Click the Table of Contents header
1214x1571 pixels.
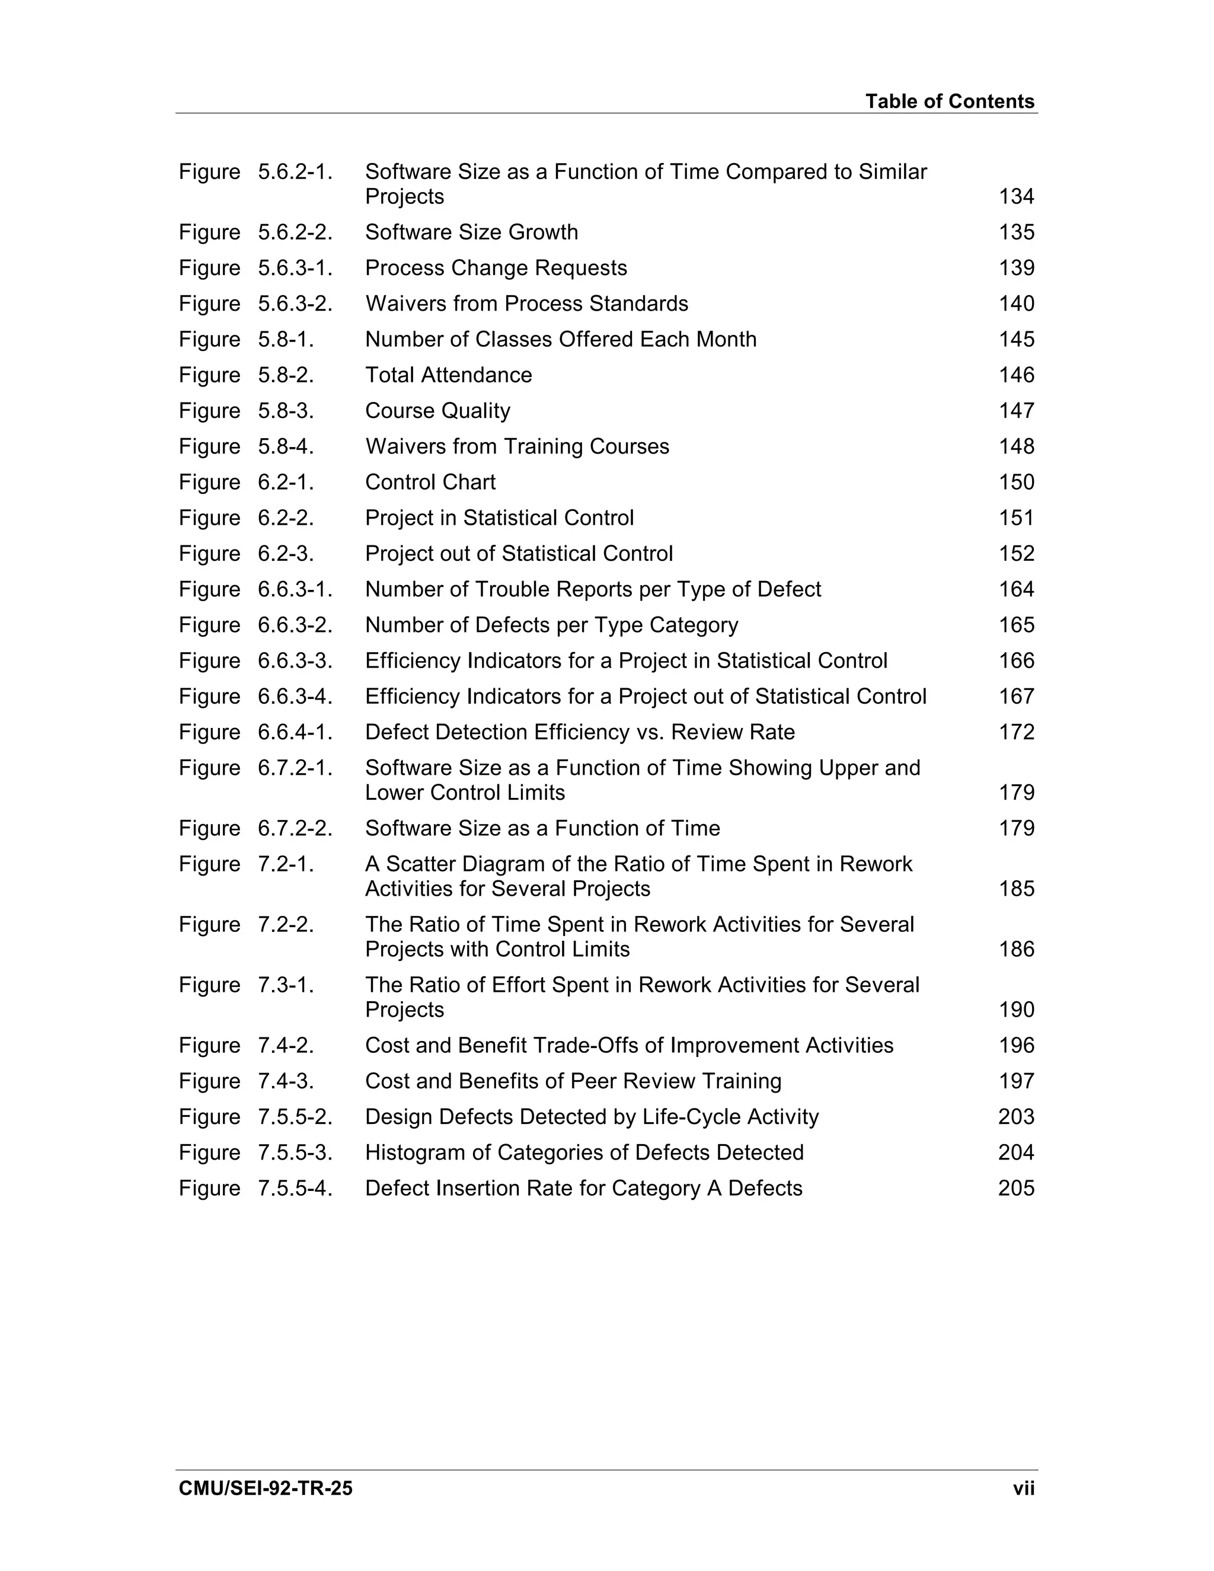tap(950, 101)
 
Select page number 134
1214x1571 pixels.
tap(1015, 196)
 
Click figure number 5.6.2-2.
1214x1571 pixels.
tap(295, 232)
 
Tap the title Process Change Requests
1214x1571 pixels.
tap(496, 267)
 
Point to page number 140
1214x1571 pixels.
tap(1015, 304)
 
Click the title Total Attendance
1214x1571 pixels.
tap(448, 375)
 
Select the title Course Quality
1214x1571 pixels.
tap(437, 411)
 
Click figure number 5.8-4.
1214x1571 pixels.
tap(286, 447)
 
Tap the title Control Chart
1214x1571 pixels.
tap(430, 482)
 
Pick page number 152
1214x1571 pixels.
tap(1015, 554)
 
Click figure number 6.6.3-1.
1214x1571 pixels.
tap(295, 589)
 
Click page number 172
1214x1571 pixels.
tap(1015, 732)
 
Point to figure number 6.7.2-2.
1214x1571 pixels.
tap(295, 829)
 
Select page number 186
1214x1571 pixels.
tap(1015, 950)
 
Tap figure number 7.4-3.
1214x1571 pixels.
tap(286, 1081)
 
